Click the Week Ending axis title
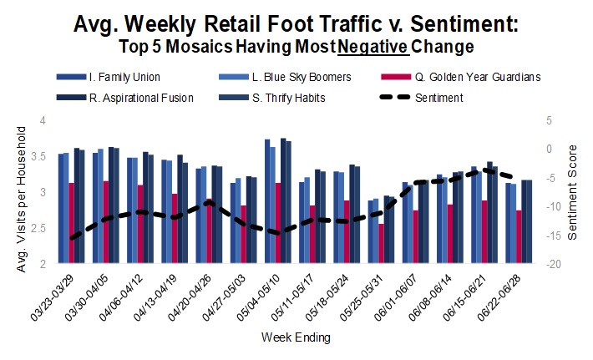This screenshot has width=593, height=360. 296,338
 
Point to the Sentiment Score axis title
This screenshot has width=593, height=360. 573,193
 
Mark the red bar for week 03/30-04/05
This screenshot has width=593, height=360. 105,222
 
